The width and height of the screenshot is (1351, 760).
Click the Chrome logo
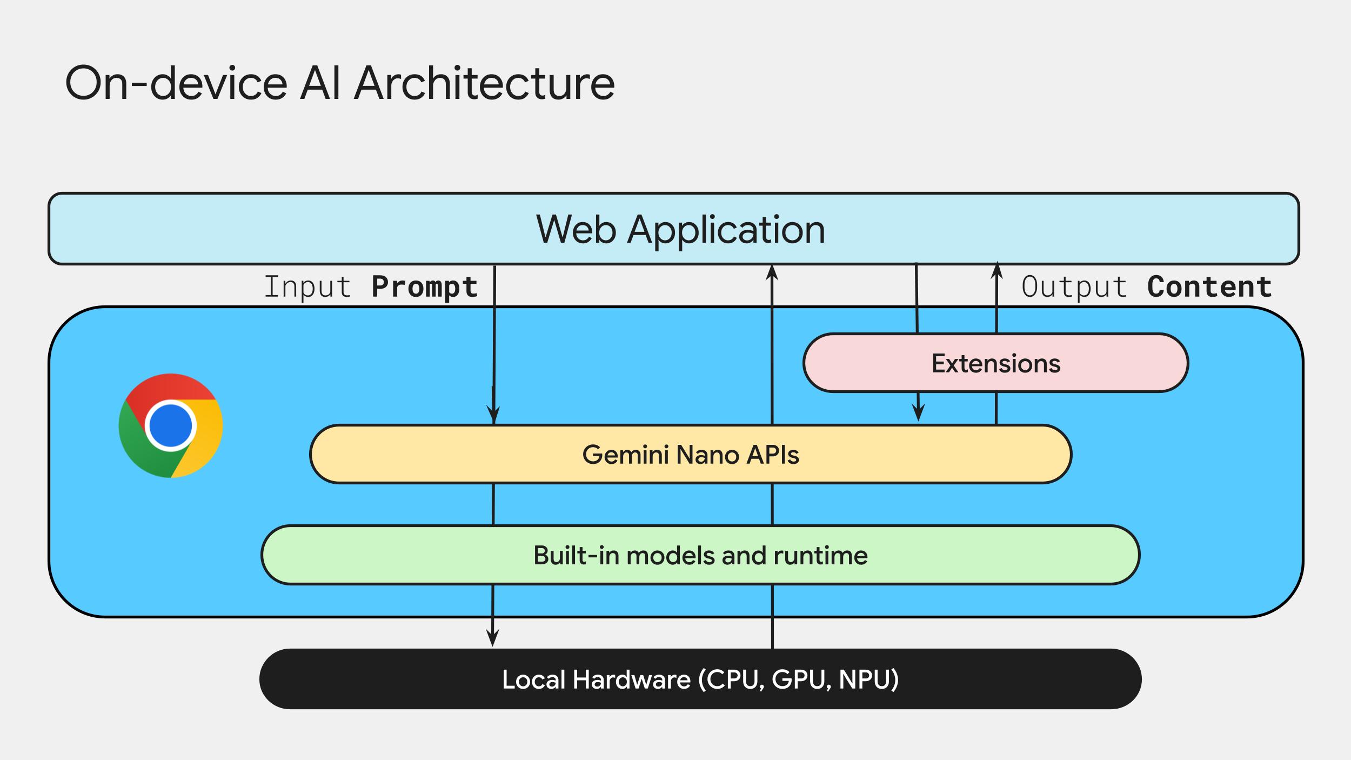[x=171, y=425]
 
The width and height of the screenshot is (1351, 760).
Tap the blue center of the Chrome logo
[x=171, y=425]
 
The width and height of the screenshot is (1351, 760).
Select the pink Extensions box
[x=995, y=363]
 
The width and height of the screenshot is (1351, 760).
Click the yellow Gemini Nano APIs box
[x=690, y=454]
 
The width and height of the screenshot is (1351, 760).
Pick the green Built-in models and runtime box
[x=700, y=555]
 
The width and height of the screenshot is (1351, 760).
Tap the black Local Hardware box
[x=700, y=679]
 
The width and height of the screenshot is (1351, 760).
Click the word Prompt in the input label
[x=425, y=286]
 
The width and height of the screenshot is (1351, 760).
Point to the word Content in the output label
[x=1209, y=286]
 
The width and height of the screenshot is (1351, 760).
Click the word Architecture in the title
[x=484, y=83]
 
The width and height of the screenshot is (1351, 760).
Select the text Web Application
[x=680, y=229]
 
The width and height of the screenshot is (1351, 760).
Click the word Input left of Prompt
[x=307, y=286]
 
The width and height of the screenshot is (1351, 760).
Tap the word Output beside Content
[x=1074, y=286]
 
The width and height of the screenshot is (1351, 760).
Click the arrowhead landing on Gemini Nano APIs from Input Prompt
[x=493, y=415]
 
